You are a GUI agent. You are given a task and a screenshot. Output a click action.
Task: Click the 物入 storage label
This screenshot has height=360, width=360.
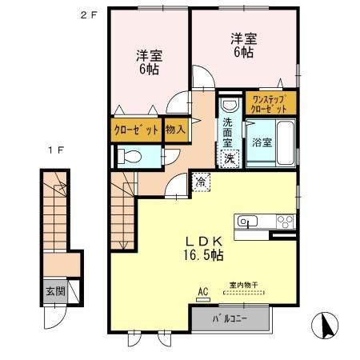click(175, 129)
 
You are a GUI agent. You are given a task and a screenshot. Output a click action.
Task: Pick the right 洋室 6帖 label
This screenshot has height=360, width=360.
click(243, 45)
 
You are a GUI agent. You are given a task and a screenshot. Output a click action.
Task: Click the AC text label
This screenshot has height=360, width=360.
click(201, 294)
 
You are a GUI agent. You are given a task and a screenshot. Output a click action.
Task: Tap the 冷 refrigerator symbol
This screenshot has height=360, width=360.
click(199, 182)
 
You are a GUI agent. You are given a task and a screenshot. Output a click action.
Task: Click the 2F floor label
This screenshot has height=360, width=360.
click(87, 14)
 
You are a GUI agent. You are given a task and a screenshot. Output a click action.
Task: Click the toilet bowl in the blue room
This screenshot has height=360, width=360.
click(131, 156)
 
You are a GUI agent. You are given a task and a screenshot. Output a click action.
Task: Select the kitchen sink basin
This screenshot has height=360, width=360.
click(245, 222)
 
